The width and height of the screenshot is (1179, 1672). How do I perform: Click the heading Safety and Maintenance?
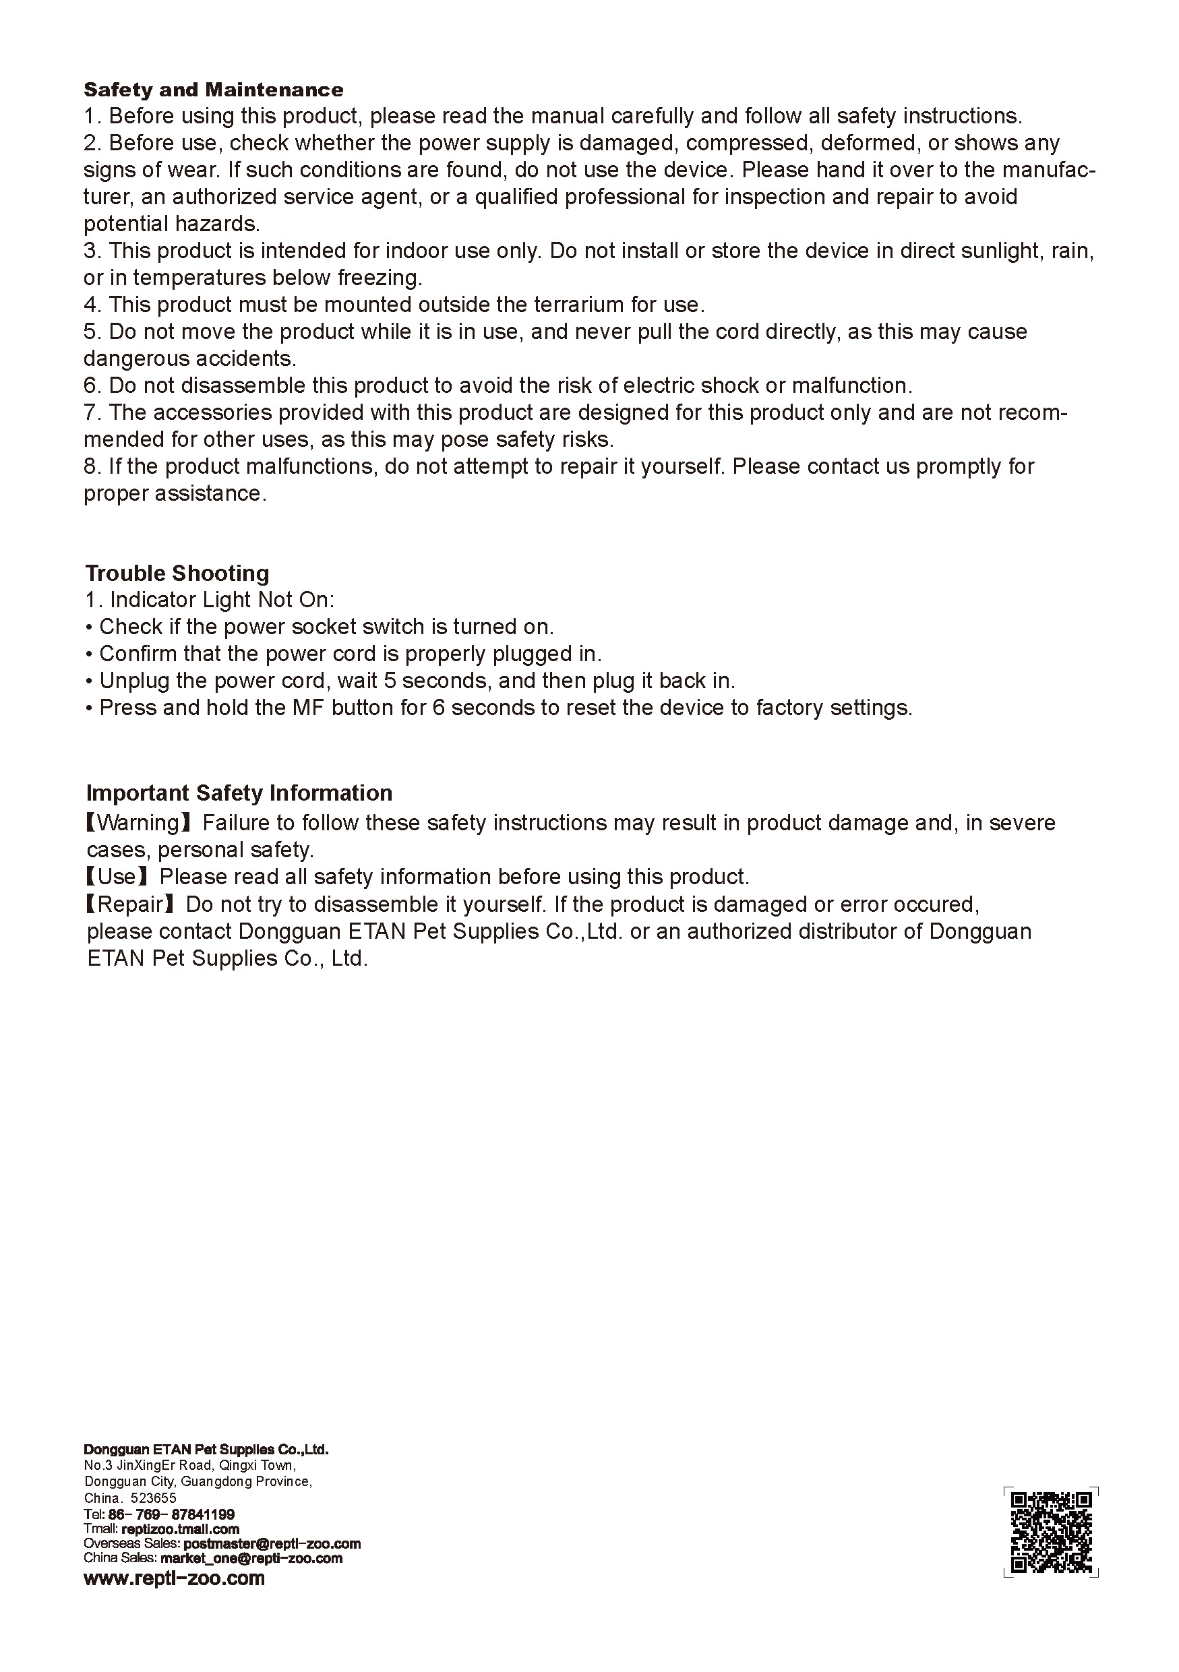pos(214,90)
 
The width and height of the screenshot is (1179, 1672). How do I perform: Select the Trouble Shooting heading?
pos(177,573)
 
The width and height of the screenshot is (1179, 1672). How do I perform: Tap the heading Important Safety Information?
pos(239,793)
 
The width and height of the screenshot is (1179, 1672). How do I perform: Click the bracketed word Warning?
pos(138,823)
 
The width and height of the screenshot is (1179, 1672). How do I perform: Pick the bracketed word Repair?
pos(130,904)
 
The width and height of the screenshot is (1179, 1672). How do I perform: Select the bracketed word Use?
pos(117,877)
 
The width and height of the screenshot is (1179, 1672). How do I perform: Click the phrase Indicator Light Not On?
pos(221,600)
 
